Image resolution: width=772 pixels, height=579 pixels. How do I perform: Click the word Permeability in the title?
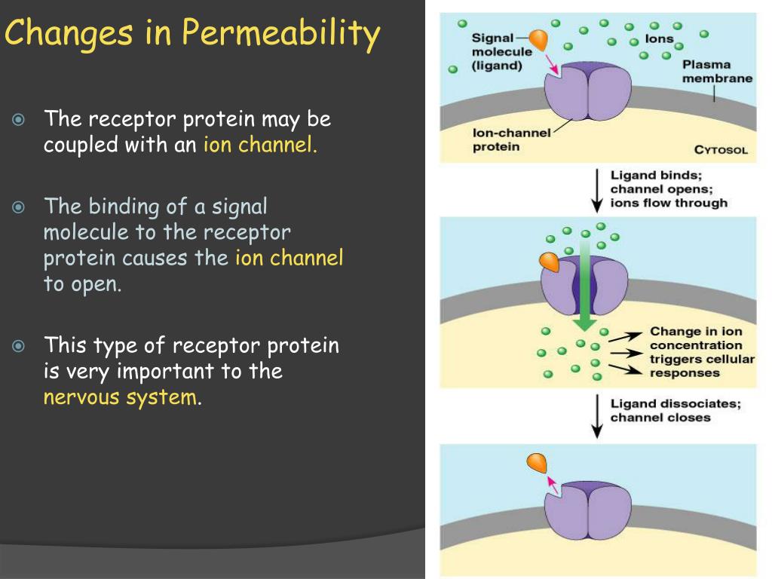[280, 35]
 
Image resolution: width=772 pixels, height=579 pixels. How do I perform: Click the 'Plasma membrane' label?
[716, 72]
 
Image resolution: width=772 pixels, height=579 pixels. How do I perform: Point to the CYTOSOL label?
[721, 150]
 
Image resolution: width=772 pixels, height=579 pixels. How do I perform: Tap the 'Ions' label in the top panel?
[659, 39]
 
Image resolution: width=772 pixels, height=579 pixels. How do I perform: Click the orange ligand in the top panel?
[538, 39]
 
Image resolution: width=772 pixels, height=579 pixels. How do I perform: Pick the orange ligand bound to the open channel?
[549, 262]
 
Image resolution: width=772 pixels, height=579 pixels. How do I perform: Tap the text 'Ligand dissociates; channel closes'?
[675, 411]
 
